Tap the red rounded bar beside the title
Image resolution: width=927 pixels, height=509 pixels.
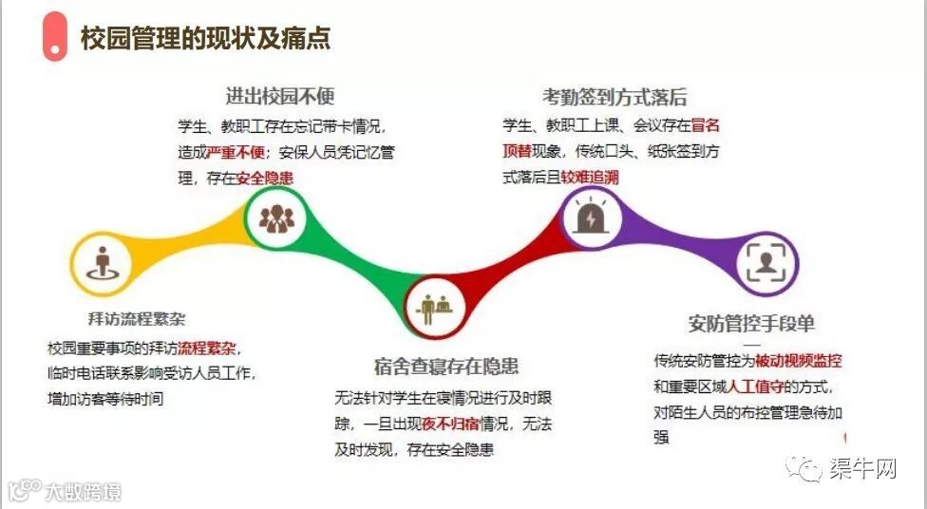[x=55, y=37]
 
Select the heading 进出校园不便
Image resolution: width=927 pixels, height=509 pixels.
[x=280, y=96]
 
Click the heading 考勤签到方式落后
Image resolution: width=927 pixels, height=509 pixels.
[x=615, y=97]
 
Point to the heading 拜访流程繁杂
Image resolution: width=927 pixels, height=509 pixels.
[x=137, y=319]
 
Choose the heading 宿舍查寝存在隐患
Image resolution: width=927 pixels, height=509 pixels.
[x=446, y=366]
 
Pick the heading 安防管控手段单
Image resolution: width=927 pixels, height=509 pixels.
[x=751, y=324]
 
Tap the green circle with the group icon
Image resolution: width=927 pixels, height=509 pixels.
[x=276, y=217]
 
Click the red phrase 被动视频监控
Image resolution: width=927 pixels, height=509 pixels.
[x=798, y=361]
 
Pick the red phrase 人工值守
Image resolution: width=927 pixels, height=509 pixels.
[x=755, y=386]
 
